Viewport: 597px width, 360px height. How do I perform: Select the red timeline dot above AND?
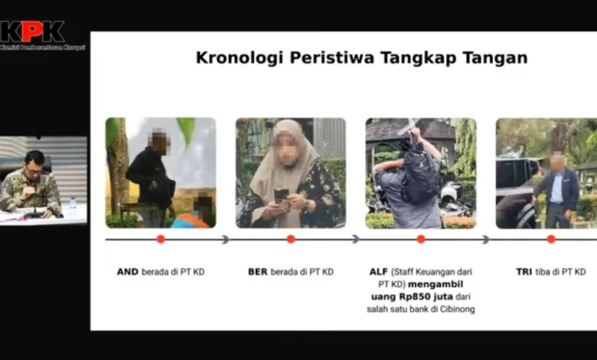pos(161,239)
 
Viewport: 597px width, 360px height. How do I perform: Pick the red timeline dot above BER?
pos(291,239)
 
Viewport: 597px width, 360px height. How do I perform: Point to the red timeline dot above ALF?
pos(421,239)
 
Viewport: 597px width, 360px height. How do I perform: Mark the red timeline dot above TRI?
pos(551,239)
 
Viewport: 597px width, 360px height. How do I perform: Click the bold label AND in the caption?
pos(127,272)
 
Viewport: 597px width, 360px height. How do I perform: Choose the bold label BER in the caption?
pos(258,272)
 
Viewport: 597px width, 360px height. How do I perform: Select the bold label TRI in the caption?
pos(524,272)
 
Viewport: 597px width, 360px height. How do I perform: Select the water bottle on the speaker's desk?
pos(72,206)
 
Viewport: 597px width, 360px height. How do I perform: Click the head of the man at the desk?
pos(34,162)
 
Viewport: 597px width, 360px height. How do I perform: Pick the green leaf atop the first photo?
pos(186,129)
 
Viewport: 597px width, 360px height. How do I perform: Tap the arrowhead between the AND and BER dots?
pos(225,239)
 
